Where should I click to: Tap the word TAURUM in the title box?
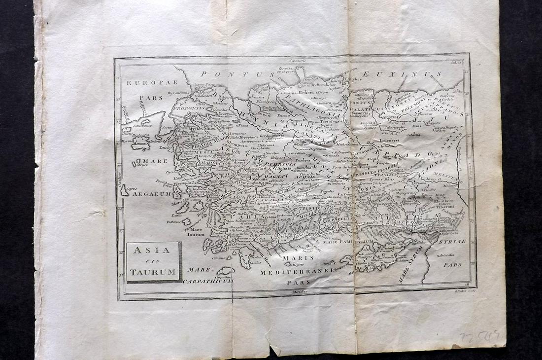tap(153, 272)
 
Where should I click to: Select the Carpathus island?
tap(226, 271)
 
